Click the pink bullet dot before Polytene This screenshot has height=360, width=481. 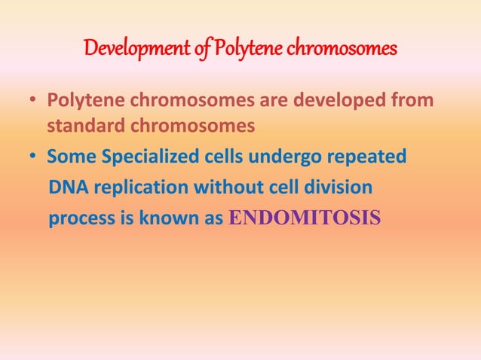35,102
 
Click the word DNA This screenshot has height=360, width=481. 64,188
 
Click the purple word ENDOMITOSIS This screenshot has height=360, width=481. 304,218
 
